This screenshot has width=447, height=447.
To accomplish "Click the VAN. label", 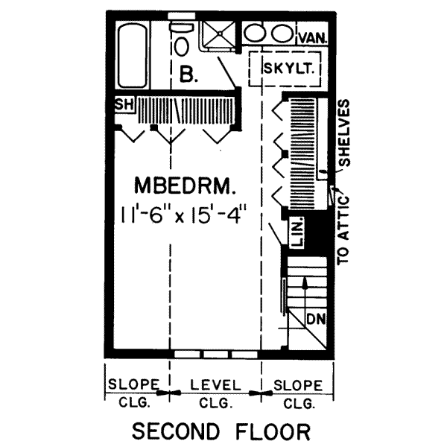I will pyautogui.click(x=313, y=37).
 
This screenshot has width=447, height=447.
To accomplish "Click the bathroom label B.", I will pyautogui.click(x=188, y=73).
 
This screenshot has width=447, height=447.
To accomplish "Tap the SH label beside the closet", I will pyautogui.click(x=123, y=105).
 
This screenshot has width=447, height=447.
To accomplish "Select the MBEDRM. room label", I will pyautogui.click(x=185, y=184).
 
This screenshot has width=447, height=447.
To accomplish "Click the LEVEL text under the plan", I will pyautogui.click(x=216, y=385).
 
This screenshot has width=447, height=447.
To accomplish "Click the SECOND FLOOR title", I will pyautogui.click(x=221, y=431).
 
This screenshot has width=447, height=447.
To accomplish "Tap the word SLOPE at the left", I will pyautogui.click(x=134, y=385).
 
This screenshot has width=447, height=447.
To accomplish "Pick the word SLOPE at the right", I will pyautogui.click(x=298, y=385).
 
